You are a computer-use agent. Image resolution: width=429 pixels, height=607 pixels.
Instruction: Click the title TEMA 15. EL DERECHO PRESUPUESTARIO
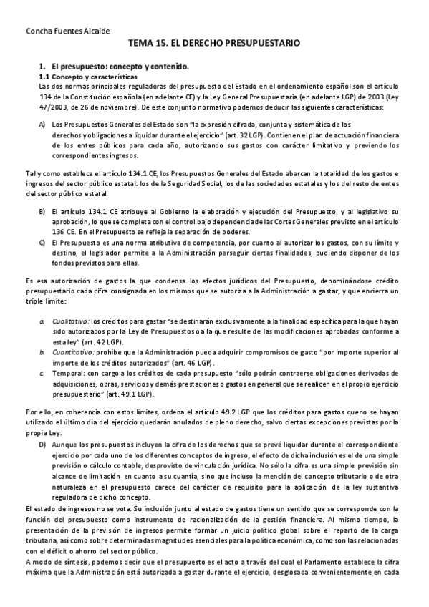(x=214, y=44)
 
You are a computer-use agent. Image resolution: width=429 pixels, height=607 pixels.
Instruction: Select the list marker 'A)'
(x=42, y=125)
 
